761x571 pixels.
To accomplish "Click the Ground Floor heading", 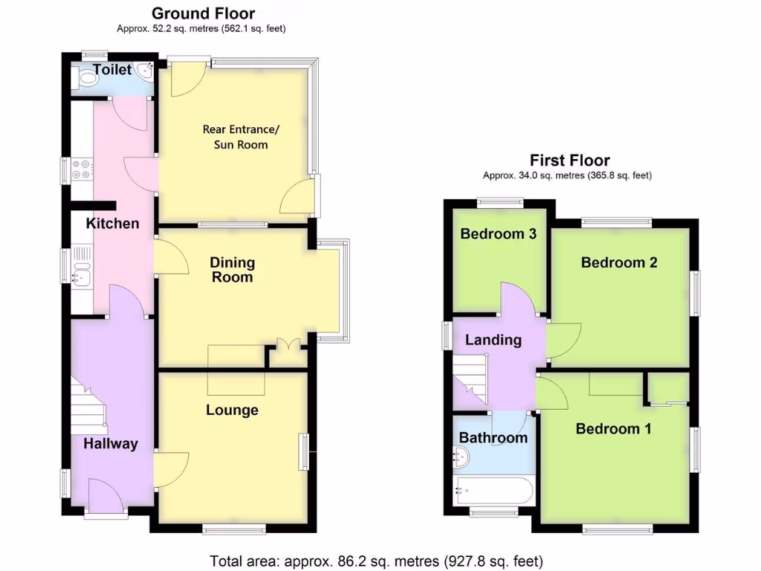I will point(203,13).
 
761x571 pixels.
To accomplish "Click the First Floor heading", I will point(569,160).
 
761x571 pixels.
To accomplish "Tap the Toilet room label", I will point(112,70).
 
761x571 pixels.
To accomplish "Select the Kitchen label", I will point(113,223).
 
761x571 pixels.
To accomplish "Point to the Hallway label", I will point(111,444).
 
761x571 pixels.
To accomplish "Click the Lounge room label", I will point(233,410).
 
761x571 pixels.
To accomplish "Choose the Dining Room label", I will point(232,270).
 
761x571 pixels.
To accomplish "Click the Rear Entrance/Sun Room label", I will point(241,137).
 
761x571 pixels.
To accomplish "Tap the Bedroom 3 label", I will point(498,233).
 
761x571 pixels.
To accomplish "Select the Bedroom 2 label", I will point(619,262).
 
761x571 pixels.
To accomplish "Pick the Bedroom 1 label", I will point(613,429).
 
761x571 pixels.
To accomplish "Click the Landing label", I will point(493,340).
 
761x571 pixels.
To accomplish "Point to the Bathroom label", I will point(493,437).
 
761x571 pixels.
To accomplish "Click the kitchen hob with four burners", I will point(81,170).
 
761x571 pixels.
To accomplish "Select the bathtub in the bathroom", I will point(493,491).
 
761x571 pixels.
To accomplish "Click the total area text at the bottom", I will point(376,560).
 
